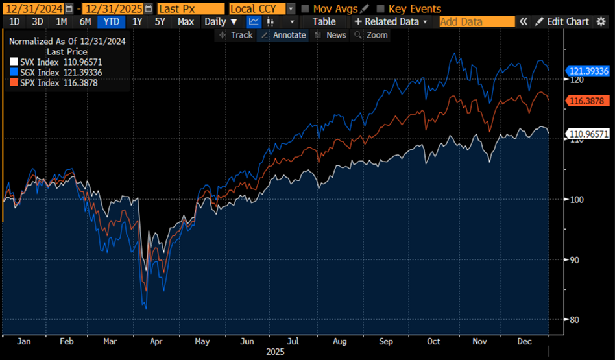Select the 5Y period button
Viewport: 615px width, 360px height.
point(160,21)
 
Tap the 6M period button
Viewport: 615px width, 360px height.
point(85,21)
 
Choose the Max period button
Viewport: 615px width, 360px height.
point(186,21)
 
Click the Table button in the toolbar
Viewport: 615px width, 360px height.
point(324,21)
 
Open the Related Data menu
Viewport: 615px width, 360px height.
point(391,21)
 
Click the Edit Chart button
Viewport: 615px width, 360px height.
point(562,21)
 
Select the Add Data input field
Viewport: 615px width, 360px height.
point(477,21)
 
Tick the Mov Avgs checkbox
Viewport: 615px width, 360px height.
point(305,9)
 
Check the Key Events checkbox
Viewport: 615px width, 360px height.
point(380,9)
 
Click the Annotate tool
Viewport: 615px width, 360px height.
point(283,35)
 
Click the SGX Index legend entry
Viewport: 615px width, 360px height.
point(49,72)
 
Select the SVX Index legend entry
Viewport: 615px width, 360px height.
point(49,62)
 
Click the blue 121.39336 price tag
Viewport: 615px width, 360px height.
point(588,71)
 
